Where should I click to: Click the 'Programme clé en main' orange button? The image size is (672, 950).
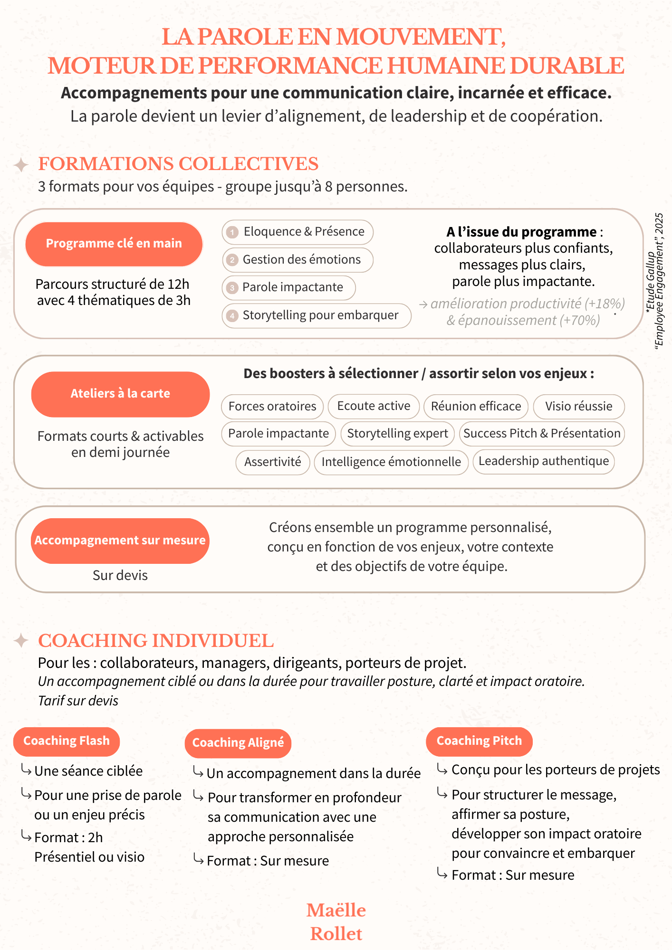[x=114, y=244]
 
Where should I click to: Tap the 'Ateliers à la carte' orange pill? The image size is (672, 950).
[x=120, y=394]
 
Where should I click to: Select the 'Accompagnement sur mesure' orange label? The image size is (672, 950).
[x=120, y=541]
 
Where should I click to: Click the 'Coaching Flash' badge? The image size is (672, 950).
[x=67, y=741]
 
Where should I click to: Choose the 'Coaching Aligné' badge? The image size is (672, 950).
[x=238, y=743]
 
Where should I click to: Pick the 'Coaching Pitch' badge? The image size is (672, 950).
[x=479, y=741]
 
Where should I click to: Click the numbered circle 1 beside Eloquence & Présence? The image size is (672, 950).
[x=232, y=232]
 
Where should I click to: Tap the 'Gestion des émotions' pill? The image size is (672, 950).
[x=298, y=260]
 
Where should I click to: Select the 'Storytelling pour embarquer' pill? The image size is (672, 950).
[x=317, y=315]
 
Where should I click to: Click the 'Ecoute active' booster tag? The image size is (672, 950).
[x=374, y=406]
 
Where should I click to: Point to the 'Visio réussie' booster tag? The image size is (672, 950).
[x=578, y=407]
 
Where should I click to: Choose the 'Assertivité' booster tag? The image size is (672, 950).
[x=273, y=462]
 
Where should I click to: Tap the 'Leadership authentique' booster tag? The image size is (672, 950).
[x=544, y=461]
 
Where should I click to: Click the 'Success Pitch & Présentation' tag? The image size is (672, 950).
[x=542, y=434]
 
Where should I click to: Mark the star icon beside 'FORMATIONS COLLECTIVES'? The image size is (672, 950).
[x=21, y=165]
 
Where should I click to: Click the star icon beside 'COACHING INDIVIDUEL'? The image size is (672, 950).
[x=21, y=641]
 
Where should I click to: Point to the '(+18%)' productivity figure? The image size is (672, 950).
[x=605, y=304]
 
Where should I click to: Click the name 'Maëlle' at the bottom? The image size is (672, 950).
[x=336, y=911]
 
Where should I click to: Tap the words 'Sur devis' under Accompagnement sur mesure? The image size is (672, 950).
[x=120, y=576]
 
